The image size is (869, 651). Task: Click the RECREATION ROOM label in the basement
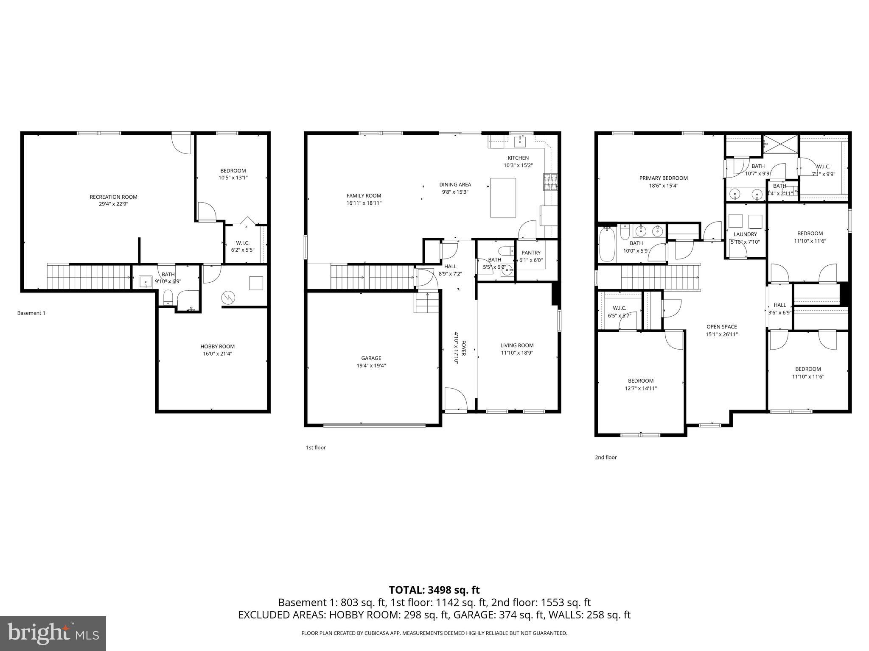tap(113, 197)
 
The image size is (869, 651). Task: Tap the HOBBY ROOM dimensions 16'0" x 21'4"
tap(217, 353)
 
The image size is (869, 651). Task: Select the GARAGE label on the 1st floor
tap(371, 358)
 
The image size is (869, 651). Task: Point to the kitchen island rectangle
tap(503, 198)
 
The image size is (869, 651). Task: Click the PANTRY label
tap(531, 253)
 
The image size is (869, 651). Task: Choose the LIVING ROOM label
tap(516, 345)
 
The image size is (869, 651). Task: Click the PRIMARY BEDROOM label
tap(663, 178)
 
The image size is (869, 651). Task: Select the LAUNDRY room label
tap(745, 234)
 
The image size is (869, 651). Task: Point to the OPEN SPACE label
tap(721, 327)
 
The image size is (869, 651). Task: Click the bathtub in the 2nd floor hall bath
tap(606, 245)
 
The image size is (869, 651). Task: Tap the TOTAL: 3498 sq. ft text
tap(434, 590)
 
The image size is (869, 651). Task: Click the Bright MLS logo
tap(53, 633)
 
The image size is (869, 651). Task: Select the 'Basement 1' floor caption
tap(31, 313)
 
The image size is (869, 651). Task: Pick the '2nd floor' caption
tap(605, 457)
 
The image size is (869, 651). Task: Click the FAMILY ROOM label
tap(364, 195)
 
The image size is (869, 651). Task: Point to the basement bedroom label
tap(233, 171)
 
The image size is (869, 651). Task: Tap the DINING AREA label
tap(455, 184)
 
